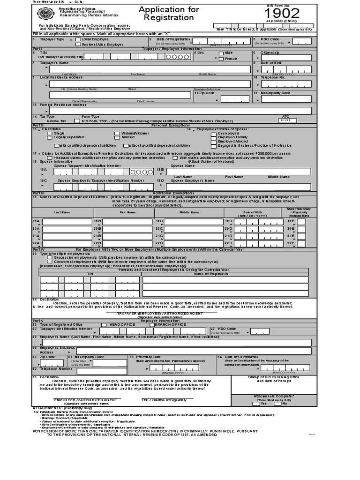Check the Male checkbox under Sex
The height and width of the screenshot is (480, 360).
(221, 53)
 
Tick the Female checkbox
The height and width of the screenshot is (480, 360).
(221, 59)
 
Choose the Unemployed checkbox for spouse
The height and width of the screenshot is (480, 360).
(213, 134)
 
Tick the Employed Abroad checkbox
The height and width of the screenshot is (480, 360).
(213, 141)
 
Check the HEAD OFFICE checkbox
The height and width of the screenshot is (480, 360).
(104, 324)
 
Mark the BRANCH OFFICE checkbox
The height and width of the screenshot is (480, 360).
(152, 324)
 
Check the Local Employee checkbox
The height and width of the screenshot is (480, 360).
(78, 40)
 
